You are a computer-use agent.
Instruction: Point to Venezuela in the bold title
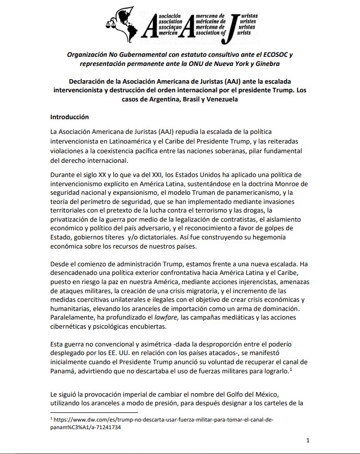tap(221, 99)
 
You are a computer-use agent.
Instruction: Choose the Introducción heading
tap(70, 117)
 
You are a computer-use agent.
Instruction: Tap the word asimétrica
tap(140, 345)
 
